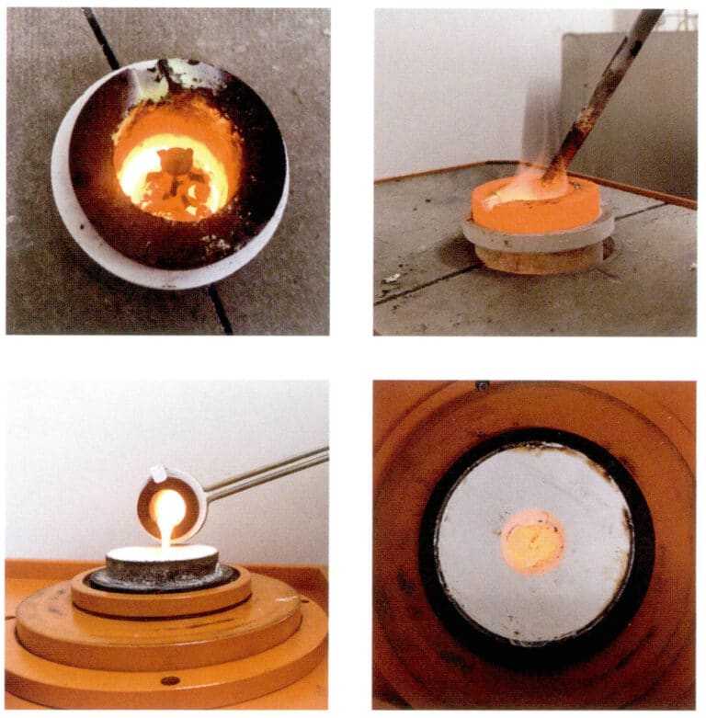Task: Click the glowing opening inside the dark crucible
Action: click(x=172, y=170)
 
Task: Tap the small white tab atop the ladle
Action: click(x=158, y=474)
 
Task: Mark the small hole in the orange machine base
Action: click(x=169, y=680)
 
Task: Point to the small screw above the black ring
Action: click(x=482, y=386)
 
